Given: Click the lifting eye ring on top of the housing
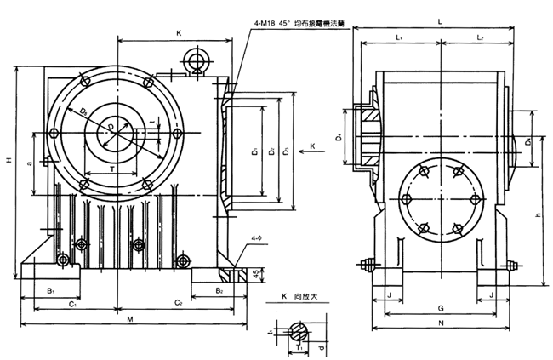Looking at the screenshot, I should point(197,60).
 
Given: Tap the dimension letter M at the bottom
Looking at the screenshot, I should point(129,319).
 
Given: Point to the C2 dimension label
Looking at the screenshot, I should point(179,302).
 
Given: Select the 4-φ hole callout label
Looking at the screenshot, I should point(256,241).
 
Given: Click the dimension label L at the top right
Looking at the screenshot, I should point(439,18).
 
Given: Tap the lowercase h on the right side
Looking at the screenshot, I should point(539,215).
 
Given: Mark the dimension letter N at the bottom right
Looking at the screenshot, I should point(440,323).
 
